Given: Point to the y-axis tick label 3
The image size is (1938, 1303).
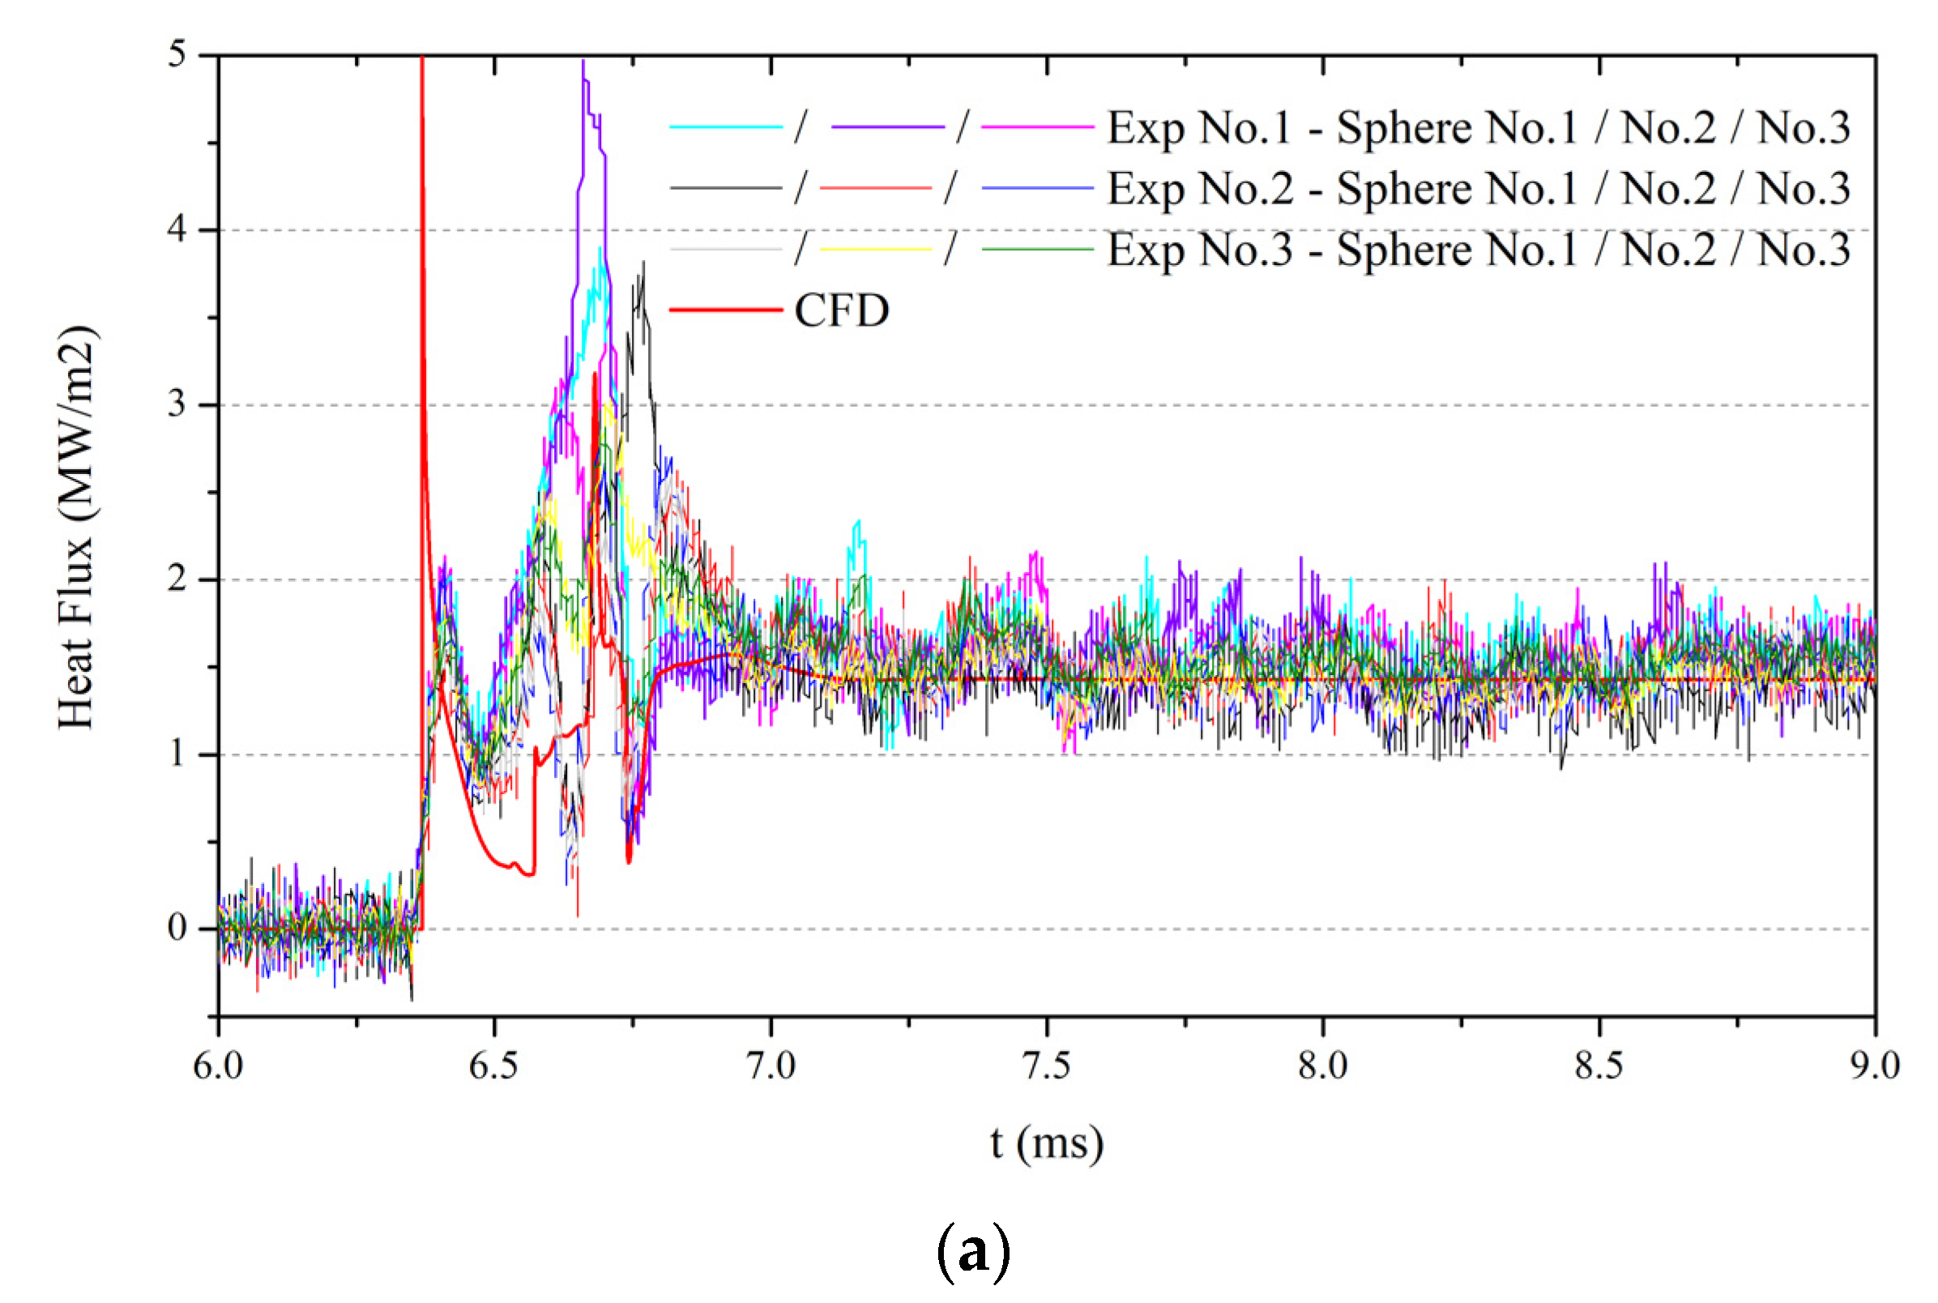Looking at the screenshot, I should [x=177, y=404].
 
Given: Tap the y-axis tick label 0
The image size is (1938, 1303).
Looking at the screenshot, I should [x=177, y=927].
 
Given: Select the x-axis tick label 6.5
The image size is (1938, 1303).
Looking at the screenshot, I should [x=493, y=1066].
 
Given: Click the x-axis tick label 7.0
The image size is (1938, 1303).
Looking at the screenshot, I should [x=770, y=1066].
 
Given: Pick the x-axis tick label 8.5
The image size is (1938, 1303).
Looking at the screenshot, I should [x=1599, y=1066].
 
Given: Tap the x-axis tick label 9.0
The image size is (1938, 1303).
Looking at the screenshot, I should [x=1874, y=1066].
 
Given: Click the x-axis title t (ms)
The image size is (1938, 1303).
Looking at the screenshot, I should [x=1047, y=1142].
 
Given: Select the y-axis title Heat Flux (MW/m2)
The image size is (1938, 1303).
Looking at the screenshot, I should [x=77, y=528].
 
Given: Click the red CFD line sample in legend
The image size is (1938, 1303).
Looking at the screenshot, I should [x=725, y=310].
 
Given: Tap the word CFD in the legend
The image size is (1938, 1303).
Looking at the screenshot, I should [x=842, y=310].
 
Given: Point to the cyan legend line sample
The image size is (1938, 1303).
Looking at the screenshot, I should [x=725, y=127].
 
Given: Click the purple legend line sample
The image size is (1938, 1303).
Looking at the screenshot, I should [x=887, y=127].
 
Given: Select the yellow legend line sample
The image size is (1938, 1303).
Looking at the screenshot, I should [x=875, y=250].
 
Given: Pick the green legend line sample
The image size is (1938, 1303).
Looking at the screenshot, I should [x=1037, y=250].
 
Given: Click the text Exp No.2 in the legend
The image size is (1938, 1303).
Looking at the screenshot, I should [x=1201, y=189].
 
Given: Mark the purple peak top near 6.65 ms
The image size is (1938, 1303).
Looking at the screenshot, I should [x=583, y=62].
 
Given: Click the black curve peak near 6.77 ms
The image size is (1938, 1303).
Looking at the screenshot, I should [x=643, y=264].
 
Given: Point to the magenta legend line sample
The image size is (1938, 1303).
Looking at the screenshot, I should [x=1037, y=127].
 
